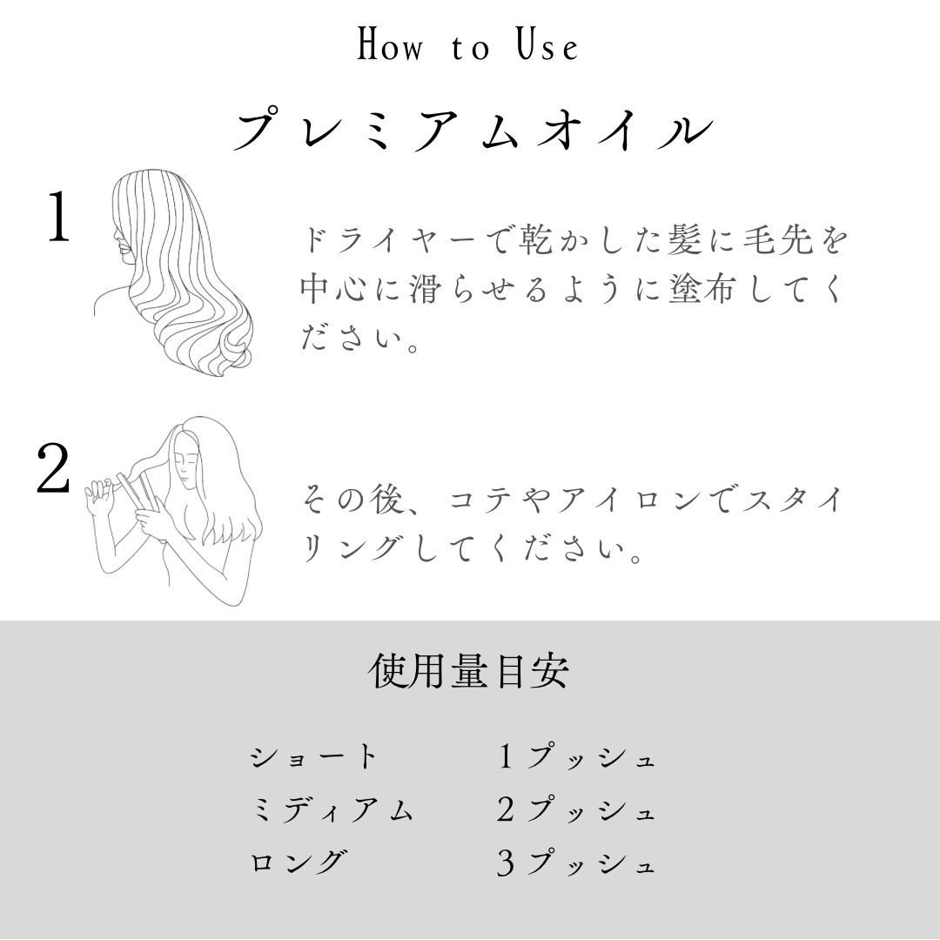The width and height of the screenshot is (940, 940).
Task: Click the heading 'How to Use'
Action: [467, 45]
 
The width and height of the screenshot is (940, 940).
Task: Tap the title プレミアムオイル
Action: [473, 129]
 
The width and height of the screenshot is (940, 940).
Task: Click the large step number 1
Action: [59, 218]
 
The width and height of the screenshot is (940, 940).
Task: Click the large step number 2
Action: [53, 469]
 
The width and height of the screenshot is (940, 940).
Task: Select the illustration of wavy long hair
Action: [174, 272]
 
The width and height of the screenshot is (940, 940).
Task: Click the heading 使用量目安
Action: [468, 670]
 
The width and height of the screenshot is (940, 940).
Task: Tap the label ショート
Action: [313, 756]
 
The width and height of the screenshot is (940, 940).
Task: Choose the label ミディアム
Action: [332, 809]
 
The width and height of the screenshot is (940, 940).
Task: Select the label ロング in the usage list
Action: [298, 862]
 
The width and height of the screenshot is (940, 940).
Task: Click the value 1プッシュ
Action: [576, 756]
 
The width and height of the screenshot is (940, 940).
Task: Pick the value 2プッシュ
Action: [576, 809]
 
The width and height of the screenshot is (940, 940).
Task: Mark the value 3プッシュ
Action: [576, 863]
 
